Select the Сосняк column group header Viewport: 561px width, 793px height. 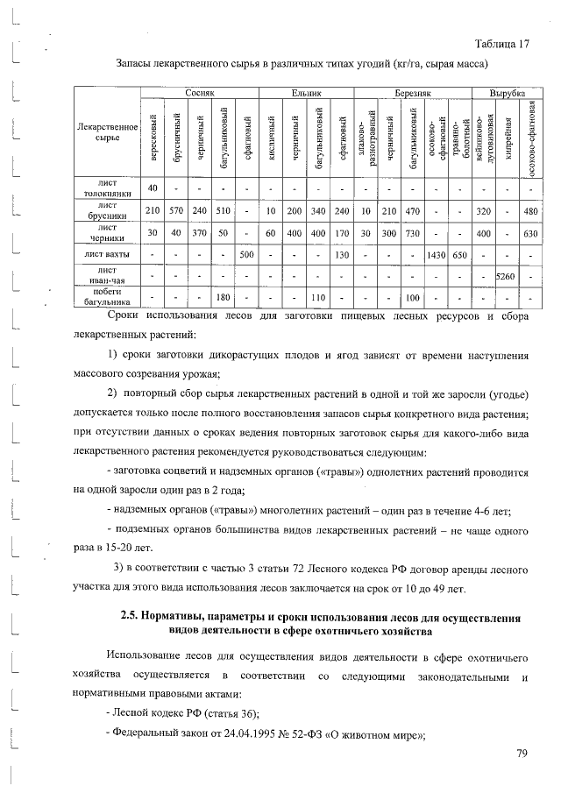pos(200,91)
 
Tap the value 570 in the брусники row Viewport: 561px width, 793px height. pos(176,210)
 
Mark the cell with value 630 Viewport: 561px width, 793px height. pos(529,233)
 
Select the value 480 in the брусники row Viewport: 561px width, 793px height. pos(529,210)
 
